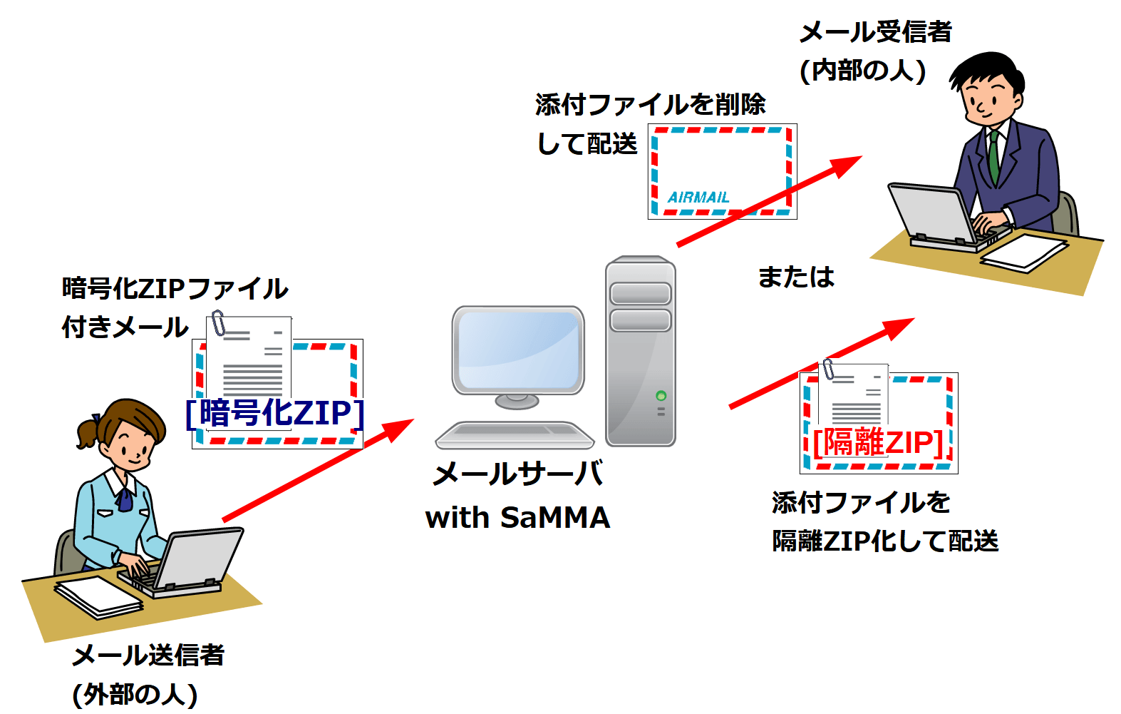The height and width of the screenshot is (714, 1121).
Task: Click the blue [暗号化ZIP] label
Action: pyautogui.click(x=275, y=413)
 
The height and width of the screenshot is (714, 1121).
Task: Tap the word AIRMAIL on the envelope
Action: pyautogui.click(x=698, y=198)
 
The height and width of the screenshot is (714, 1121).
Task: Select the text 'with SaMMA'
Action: pyautogui.click(x=517, y=517)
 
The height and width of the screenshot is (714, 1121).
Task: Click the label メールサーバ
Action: pyautogui.click(x=518, y=474)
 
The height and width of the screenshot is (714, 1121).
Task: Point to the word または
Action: pyautogui.click(x=795, y=277)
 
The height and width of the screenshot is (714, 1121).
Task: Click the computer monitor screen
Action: pyautogui.click(x=518, y=350)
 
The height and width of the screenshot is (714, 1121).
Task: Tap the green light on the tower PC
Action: pyautogui.click(x=661, y=396)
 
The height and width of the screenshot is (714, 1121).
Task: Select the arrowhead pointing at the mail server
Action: pyautogui.click(x=399, y=429)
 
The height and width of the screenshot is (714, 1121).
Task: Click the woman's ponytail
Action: pyautogui.click(x=87, y=432)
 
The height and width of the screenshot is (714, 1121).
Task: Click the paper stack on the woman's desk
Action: pyautogui.click(x=98, y=596)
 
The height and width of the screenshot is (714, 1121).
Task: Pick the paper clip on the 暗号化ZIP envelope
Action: pyautogui.click(x=219, y=323)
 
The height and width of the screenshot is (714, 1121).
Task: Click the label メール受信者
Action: pyautogui.click(x=875, y=32)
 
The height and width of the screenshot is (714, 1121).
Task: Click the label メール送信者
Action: pyautogui.click(x=148, y=655)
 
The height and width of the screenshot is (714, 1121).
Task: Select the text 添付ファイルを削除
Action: pyautogui.click(x=650, y=105)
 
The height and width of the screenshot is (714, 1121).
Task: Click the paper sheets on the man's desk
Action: pyautogui.click(x=1023, y=253)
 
